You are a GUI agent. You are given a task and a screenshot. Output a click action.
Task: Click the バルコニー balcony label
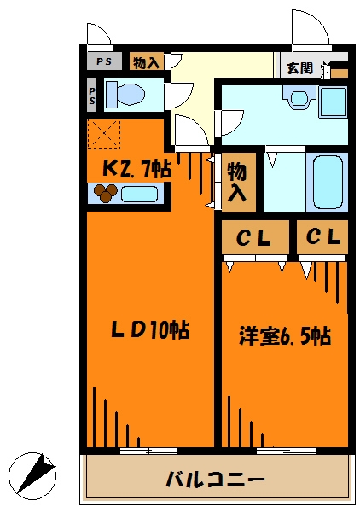[214, 477]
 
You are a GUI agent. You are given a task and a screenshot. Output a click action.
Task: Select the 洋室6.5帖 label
[285, 336]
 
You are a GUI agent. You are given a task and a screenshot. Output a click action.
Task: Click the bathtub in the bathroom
[325, 181]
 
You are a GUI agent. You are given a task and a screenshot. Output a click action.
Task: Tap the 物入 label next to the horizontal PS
[147, 61]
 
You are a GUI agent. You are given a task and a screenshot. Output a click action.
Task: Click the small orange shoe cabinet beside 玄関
[340, 73]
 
